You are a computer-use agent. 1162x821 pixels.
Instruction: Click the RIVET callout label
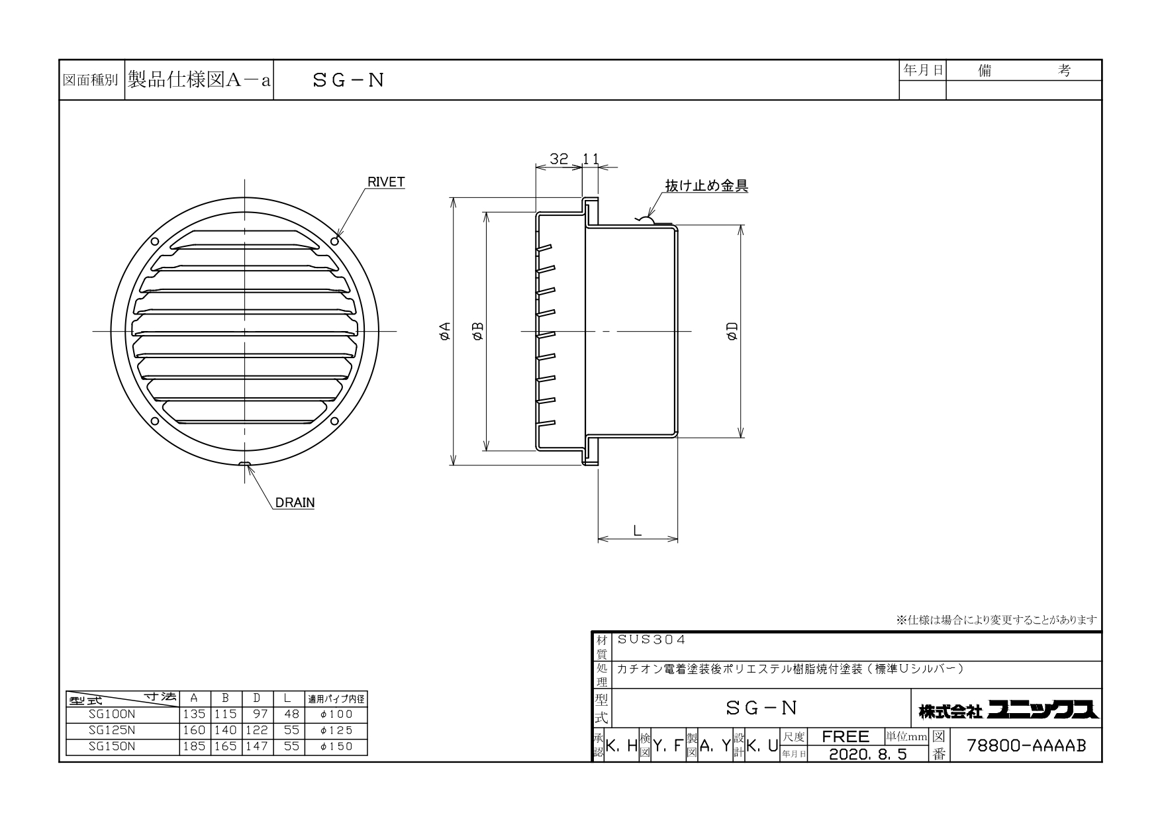pyautogui.click(x=386, y=183)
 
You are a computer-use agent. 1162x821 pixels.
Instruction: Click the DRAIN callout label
pyautogui.click(x=295, y=503)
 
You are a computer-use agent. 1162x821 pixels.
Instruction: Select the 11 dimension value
pyautogui.click(x=591, y=159)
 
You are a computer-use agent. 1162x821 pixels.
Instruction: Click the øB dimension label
pyautogui.click(x=478, y=331)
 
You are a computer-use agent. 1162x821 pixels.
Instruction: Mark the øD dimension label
pyautogui.click(x=732, y=331)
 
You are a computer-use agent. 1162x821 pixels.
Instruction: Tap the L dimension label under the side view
pyautogui.click(x=637, y=530)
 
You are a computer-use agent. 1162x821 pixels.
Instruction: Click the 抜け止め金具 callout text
pyautogui.click(x=707, y=186)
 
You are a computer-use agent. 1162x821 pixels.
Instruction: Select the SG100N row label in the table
pyautogui.click(x=111, y=714)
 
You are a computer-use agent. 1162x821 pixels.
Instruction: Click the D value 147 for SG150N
pyautogui.click(x=256, y=746)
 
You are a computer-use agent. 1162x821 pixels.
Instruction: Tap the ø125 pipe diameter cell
pyautogui.click(x=336, y=730)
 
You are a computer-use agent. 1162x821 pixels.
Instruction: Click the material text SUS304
pyautogui.click(x=652, y=640)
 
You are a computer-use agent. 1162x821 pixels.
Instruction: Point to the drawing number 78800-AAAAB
pyautogui.click(x=1027, y=746)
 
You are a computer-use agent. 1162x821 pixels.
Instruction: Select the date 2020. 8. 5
pyautogui.click(x=867, y=754)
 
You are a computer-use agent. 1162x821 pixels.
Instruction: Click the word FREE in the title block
pyautogui.click(x=846, y=737)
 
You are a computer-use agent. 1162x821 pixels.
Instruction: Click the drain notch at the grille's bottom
pyautogui.click(x=245, y=463)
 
